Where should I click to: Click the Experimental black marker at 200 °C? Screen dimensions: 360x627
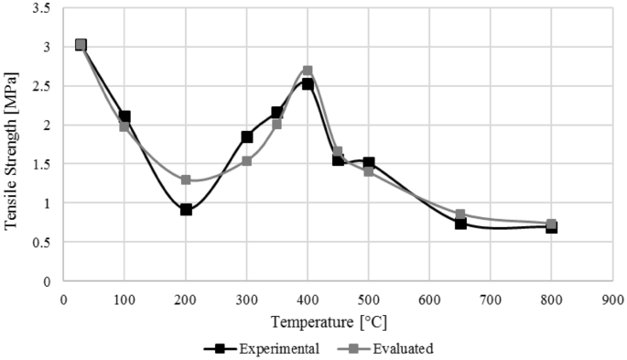pyautogui.click(x=186, y=210)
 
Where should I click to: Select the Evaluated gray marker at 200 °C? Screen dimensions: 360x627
pyautogui.click(x=186, y=180)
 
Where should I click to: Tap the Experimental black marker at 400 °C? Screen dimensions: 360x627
pyautogui.click(x=308, y=84)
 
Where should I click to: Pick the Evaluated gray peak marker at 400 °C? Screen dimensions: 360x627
pyautogui.click(x=308, y=71)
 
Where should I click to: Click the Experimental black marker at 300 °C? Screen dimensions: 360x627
pyautogui.click(x=247, y=136)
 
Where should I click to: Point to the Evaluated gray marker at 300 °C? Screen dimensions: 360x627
pyautogui.click(x=247, y=161)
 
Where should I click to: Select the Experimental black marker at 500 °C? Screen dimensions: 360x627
pyautogui.click(x=369, y=163)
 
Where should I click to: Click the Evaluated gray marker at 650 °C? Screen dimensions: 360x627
pyautogui.click(x=460, y=214)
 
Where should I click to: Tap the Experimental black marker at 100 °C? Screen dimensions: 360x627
pyautogui.click(x=124, y=116)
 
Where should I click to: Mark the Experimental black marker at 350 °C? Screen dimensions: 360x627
pyautogui.click(x=277, y=113)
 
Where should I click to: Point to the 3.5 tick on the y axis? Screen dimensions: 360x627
pyautogui.click(x=42, y=8)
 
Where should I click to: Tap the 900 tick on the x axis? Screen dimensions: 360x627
pyautogui.click(x=612, y=298)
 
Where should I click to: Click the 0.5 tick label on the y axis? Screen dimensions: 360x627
pyautogui.click(x=42, y=243)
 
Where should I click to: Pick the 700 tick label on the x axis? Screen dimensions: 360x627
pyautogui.click(x=491, y=298)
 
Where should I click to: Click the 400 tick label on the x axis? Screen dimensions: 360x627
pyautogui.click(x=308, y=298)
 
